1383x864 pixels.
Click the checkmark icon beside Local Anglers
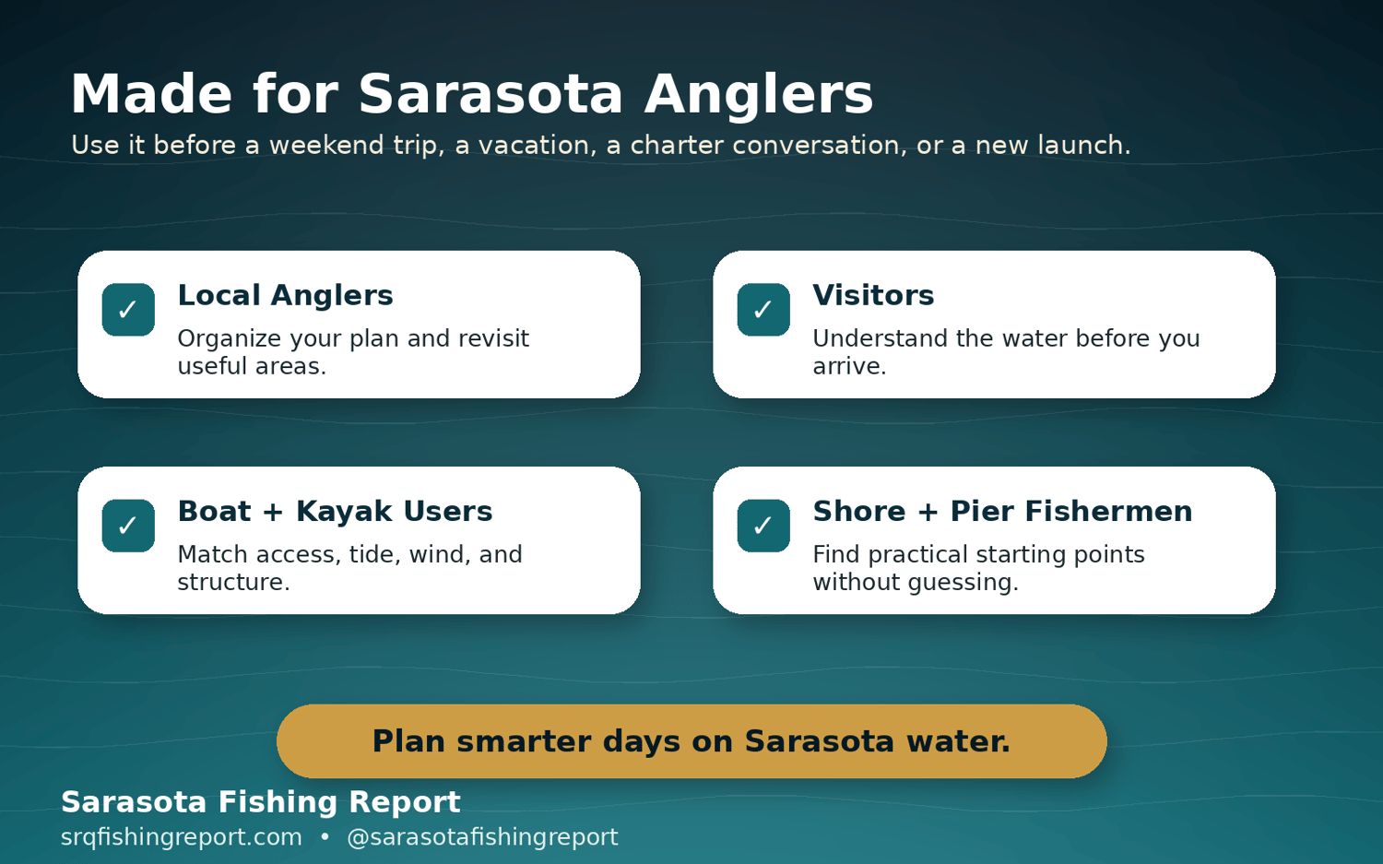coord(128,310)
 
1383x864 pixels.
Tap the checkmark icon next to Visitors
coord(763,310)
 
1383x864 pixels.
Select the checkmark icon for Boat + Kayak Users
coord(128,526)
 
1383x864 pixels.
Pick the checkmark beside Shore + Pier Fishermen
coord(763,526)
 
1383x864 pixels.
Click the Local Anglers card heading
coord(285,296)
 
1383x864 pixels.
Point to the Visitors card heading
coord(873,295)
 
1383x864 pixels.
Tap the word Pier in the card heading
coord(982,512)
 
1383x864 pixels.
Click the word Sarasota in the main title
coord(491,94)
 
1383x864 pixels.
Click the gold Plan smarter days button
coord(691,741)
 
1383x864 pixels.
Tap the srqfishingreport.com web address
coord(181,838)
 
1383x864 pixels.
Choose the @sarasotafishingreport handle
coord(482,838)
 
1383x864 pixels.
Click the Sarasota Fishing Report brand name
coord(261,802)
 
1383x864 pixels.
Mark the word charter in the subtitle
coord(676,145)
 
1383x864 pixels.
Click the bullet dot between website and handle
coord(325,838)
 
